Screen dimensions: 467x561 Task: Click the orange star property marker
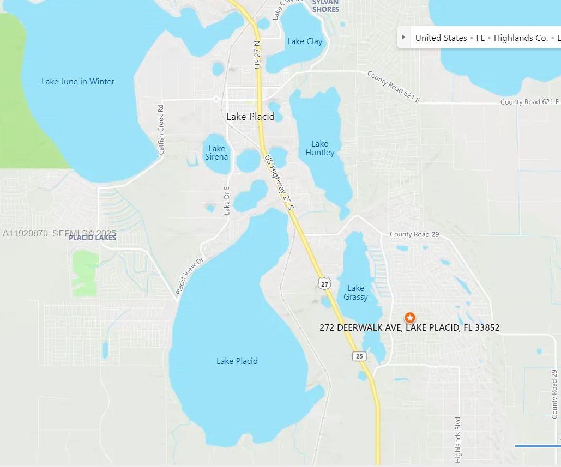point(409,318)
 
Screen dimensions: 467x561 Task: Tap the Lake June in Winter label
point(78,82)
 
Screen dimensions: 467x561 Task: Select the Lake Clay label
point(305,41)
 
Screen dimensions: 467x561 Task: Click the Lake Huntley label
point(319,148)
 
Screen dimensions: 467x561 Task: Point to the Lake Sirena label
point(216,153)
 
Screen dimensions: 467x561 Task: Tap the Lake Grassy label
point(355,293)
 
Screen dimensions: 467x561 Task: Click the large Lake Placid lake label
point(237,361)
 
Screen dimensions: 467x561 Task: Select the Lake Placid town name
point(250,117)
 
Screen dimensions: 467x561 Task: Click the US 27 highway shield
point(325,284)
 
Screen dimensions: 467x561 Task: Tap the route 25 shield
point(359,356)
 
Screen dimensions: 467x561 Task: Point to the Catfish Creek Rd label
point(161,130)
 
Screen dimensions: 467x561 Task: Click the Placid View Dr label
point(189,277)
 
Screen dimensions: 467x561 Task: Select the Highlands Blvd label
point(458,439)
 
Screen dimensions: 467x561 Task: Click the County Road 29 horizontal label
point(414,234)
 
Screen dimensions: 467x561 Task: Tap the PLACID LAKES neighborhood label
point(92,238)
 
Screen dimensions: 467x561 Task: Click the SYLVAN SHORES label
point(325,6)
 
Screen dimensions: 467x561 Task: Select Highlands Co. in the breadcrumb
point(521,38)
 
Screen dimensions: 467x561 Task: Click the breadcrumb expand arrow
point(403,38)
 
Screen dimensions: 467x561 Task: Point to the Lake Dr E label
point(227,201)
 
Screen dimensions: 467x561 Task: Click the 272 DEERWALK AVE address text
point(409,327)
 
